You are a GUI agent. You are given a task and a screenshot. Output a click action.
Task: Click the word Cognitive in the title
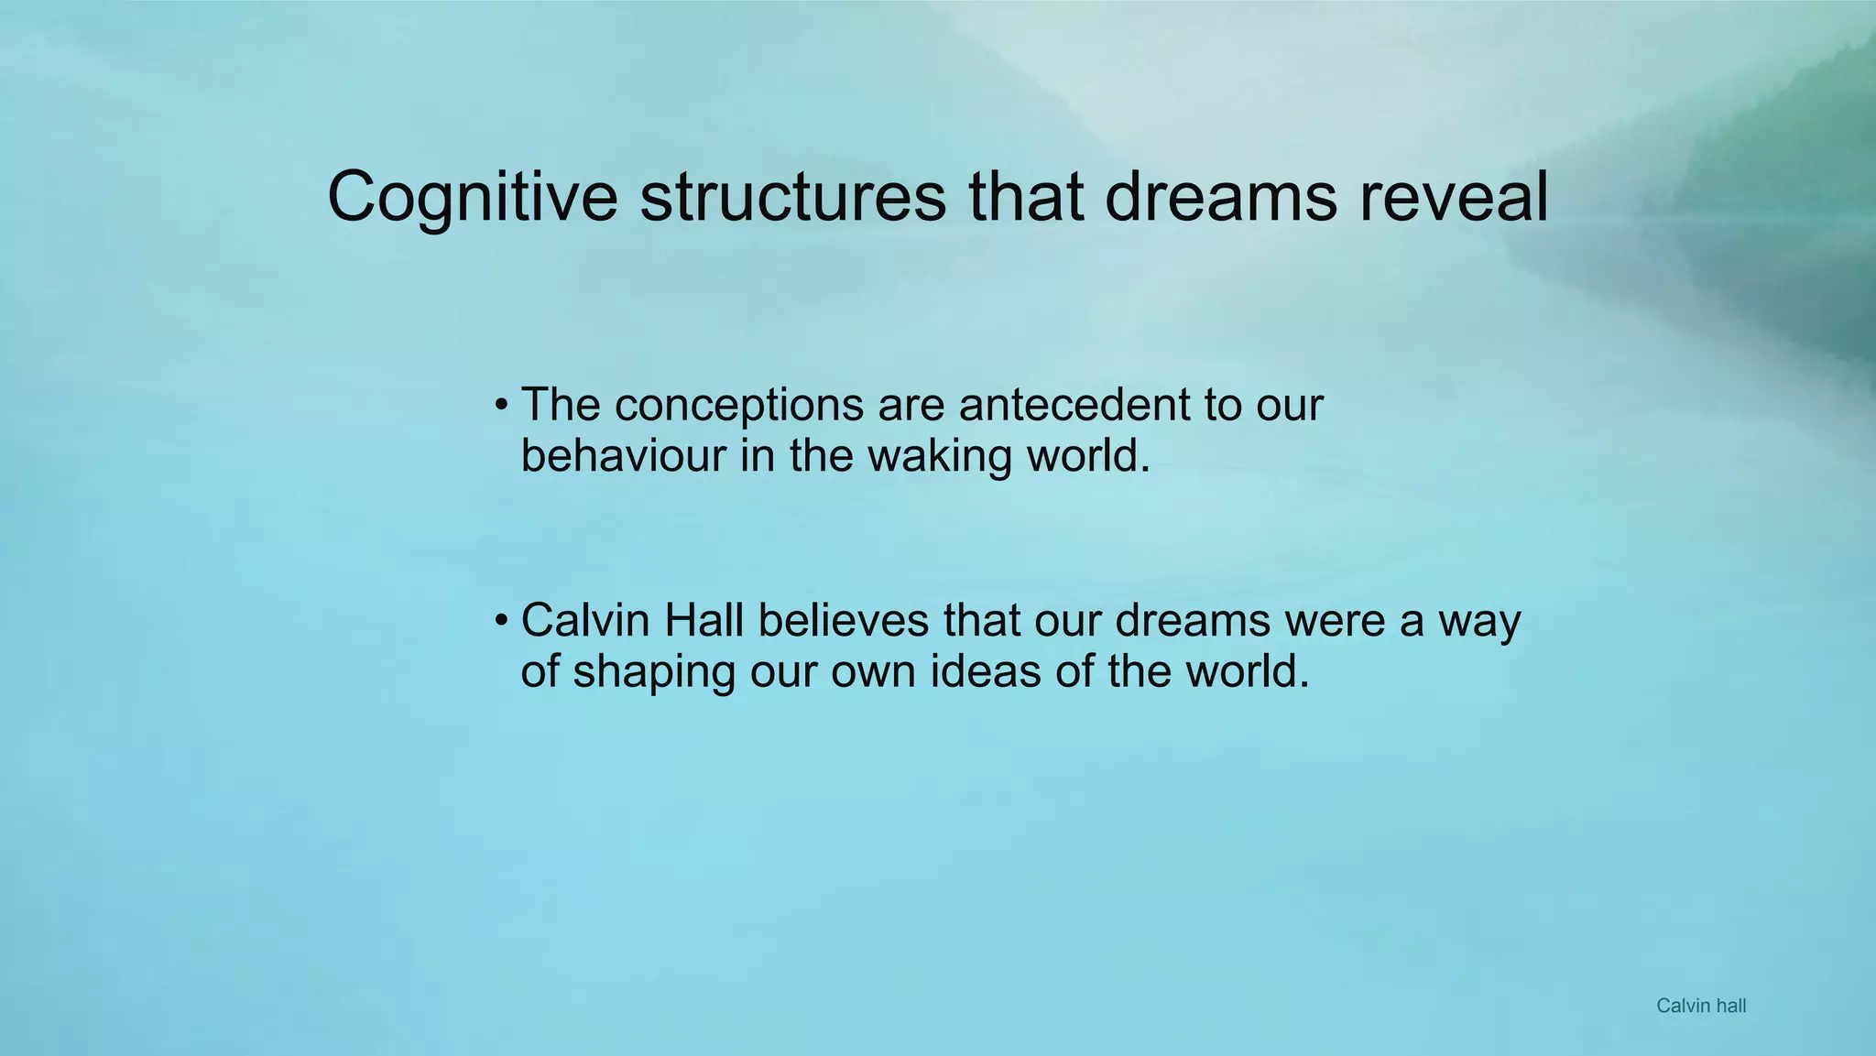[x=473, y=197]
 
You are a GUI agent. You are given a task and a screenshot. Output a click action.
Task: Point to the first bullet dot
[x=500, y=405]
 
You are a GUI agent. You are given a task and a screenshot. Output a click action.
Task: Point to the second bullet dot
[x=500, y=621]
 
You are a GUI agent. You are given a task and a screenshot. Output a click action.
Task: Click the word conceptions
[x=738, y=405]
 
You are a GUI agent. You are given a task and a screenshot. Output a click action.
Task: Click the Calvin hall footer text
[x=1701, y=1006]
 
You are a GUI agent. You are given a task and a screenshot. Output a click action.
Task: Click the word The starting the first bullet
[x=560, y=405]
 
